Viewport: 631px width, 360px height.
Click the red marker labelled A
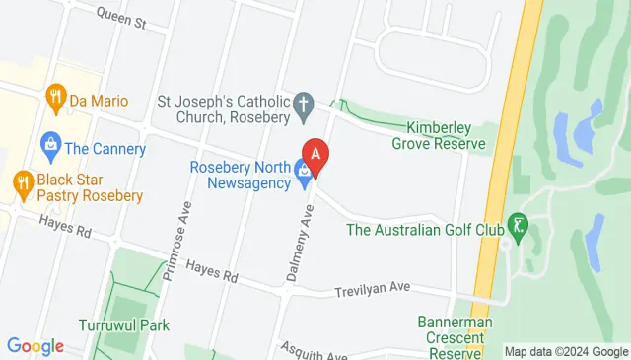[x=315, y=155]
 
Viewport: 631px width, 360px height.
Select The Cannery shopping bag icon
[x=48, y=149]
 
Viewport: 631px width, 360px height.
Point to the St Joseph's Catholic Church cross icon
[x=305, y=102]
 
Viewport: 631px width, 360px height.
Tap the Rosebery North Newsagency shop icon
[x=303, y=176]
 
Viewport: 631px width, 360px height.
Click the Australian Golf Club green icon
[x=515, y=229]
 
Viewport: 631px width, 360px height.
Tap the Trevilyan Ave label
[x=370, y=289]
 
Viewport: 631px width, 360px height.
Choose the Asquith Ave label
[x=313, y=351]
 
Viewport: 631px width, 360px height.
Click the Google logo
[x=35, y=346]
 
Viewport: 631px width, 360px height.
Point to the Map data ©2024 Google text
[x=565, y=352]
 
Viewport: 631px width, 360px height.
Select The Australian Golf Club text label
[x=425, y=231]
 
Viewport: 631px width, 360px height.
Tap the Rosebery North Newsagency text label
[x=241, y=175]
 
